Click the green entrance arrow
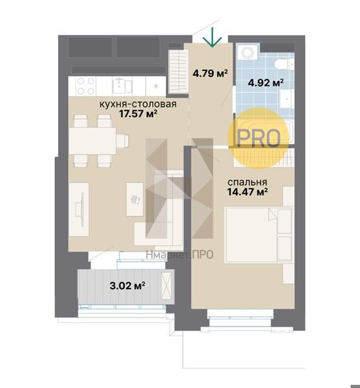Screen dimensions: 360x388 (212, 37)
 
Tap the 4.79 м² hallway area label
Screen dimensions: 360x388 (210, 74)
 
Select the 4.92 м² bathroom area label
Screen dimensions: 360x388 (266, 83)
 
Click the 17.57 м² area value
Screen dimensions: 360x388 (138, 114)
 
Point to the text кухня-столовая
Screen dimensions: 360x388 (138, 104)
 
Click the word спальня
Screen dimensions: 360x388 (248, 182)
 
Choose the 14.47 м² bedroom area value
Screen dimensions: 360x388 (248, 192)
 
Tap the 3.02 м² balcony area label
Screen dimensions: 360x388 (127, 286)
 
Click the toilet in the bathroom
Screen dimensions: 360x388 (284, 64)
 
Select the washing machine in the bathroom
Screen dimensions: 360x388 (248, 52)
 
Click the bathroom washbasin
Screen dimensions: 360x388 (287, 99)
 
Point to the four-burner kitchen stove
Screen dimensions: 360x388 (85, 86)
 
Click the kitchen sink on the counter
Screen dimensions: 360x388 (123, 86)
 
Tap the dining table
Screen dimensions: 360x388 (92, 141)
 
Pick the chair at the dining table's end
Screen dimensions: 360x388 (122, 141)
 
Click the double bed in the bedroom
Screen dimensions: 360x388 (259, 235)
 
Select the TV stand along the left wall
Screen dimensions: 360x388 (79, 210)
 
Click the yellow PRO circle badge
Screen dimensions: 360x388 (259, 138)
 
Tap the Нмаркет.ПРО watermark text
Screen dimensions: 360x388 (180, 255)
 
